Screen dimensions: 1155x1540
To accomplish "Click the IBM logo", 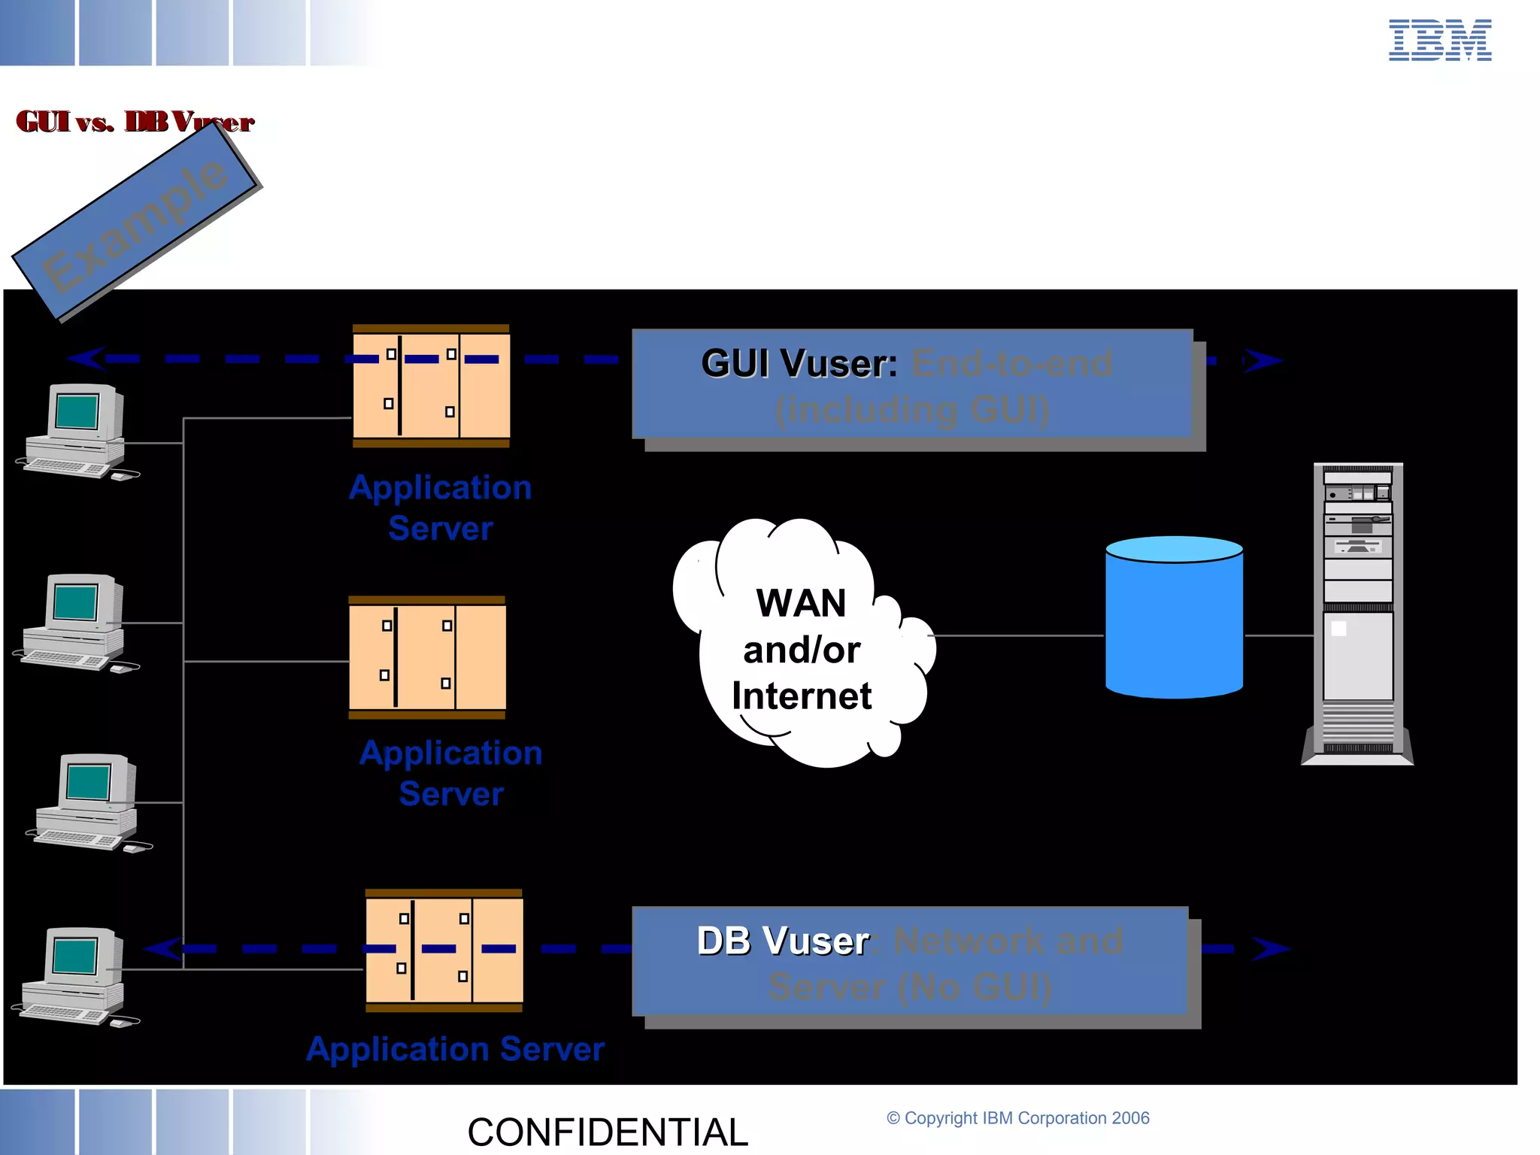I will (1439, 41).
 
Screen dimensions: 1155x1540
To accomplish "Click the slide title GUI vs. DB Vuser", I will (135, 122).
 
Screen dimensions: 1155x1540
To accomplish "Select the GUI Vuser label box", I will (912, 385).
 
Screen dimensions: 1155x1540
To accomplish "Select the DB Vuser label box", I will (911, 962).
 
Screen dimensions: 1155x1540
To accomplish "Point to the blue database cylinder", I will (1174, 618).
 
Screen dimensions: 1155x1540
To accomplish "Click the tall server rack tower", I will (1358, 614).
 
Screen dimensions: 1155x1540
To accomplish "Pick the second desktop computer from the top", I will (75, 623).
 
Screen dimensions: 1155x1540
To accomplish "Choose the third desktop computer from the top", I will (89, 802).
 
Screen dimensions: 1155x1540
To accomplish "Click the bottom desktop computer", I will (75, 976).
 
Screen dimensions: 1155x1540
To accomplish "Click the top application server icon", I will (431, 386).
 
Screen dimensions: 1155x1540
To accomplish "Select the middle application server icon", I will (427, 657).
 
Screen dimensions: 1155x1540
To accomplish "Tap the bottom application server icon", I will (444, 950).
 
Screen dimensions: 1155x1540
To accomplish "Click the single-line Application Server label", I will (456, 1050).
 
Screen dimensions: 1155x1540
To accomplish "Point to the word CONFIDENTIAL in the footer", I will (608, 1132).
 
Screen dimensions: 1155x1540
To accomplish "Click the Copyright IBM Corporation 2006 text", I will (1018, 1118).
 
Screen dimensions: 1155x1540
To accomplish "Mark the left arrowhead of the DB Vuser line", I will (164, 948).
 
